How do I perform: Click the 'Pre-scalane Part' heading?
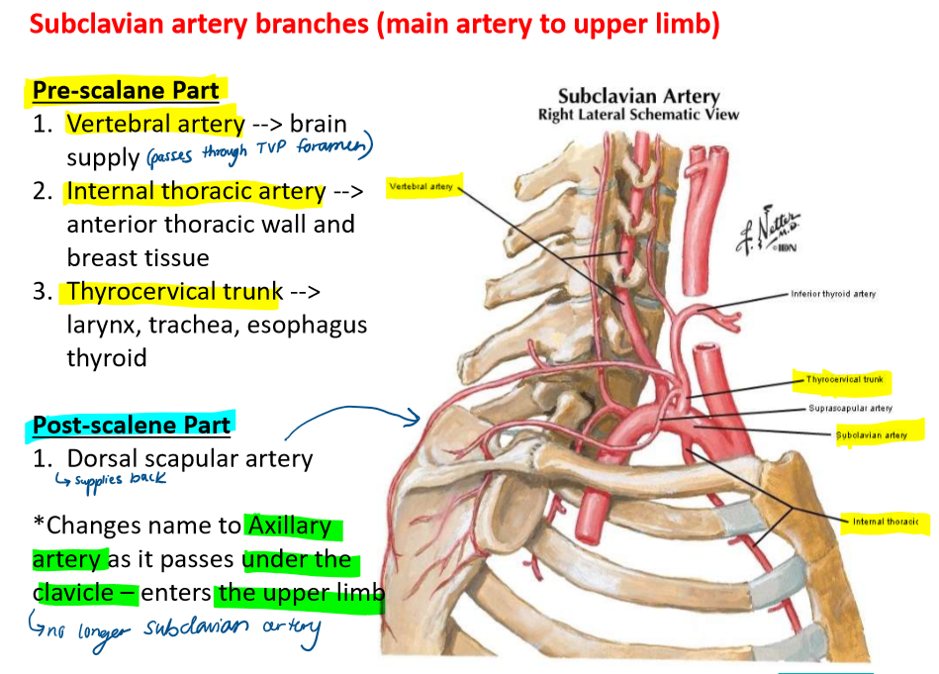tap(125, 90)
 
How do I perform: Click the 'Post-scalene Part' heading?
tap(131, 426)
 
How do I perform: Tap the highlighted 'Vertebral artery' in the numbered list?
tap(155, 124)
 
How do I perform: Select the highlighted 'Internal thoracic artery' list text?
tap(195, 191)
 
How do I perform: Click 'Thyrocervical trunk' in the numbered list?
tap(174, 292)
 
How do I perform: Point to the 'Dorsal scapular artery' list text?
tap(189, 459)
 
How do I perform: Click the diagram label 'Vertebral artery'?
tap(422, 186)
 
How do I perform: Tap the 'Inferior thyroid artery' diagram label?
tap(832, 294)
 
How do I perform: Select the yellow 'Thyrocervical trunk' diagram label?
tap(843, 379)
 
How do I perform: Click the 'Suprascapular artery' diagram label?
tap(850, 408)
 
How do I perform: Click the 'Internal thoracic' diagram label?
tap(884, 522)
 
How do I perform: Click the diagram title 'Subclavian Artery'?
tap(638, 96)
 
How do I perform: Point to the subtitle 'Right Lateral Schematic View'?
tap(638, 115)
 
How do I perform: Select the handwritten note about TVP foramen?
tap(259, 151)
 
